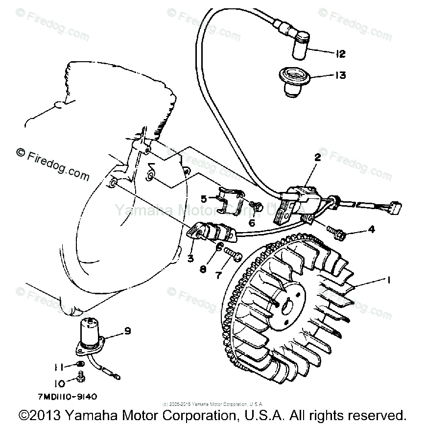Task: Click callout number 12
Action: (x=340, y=54)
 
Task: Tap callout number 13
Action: (x=340, y=75)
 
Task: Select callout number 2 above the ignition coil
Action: (x=317, y=158)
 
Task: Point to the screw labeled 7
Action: (x=233, y=253)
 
